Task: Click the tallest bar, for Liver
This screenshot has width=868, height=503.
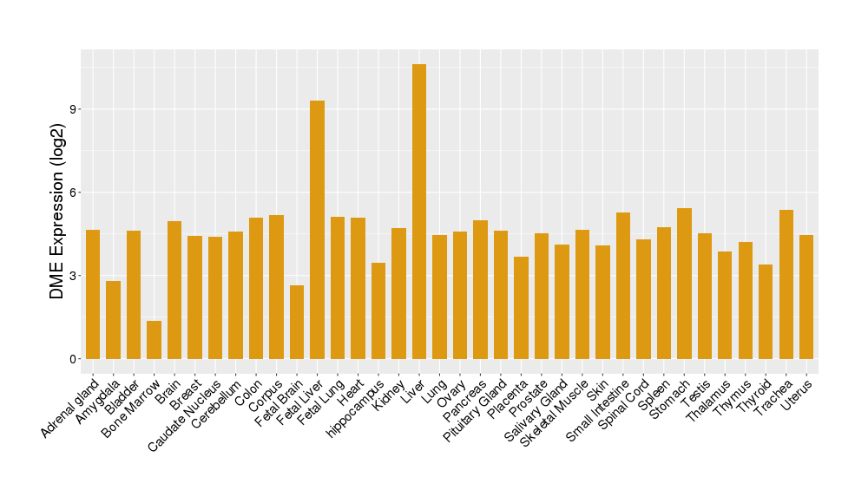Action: click(x=419, y=212)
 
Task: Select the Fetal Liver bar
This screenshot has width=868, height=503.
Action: click(x=317, y=230)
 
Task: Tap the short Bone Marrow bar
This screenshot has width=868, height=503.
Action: click(x=154, y=340)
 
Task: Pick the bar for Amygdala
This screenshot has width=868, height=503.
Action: click(x=113, y=320)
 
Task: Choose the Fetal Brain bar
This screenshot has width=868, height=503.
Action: click(x=297, y=322)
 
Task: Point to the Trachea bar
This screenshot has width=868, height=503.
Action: click(x=786, y=284)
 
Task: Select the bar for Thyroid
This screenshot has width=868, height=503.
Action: click(x=766, y=311)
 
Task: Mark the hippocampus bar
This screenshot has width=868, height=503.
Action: click(x=378, y=310)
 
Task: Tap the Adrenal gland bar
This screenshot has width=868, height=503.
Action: click(x=93, y=294)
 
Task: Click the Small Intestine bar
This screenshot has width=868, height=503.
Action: click(x=623, y=285)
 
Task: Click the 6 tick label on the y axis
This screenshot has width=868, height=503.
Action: click(x=73, y=193)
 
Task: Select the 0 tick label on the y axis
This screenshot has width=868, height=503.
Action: click(x=73, y=359)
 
